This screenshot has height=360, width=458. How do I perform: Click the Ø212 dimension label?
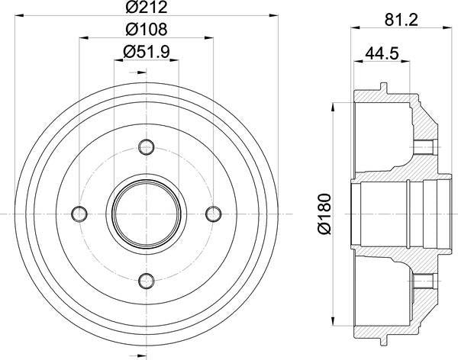point(147,7)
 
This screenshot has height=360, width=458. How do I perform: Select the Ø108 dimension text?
point(147,29)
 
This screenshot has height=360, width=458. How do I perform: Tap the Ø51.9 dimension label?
point(147,52)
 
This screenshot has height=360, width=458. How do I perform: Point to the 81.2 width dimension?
point(402,20)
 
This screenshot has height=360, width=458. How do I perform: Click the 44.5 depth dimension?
point(382,54)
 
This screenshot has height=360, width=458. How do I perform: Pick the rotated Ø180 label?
point(324,214)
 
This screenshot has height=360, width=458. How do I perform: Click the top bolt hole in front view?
point(147,147)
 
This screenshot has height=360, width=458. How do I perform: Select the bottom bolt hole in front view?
point(147,281)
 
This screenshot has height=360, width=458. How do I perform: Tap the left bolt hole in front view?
point(79,214)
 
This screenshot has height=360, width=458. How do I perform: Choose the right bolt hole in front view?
point(213,214)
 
